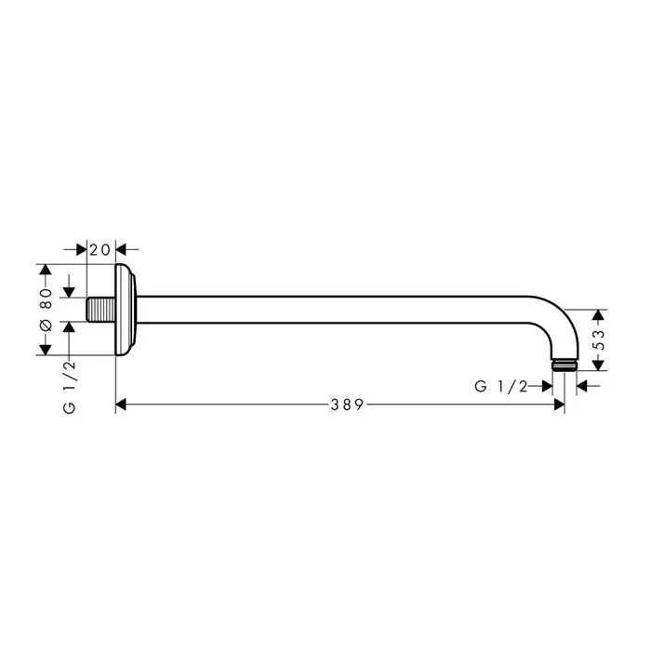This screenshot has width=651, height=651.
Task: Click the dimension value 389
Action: [x=347, y=405]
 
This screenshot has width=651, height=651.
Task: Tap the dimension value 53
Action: [x=598, y=339]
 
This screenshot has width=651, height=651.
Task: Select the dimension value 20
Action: [x=100, y=250]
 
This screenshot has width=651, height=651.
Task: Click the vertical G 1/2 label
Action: [x=70, y=387]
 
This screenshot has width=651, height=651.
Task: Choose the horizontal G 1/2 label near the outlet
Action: [x=500, y=387]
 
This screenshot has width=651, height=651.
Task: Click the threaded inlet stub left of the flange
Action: [x=100, y=310]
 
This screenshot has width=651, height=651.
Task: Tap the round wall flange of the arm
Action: [x=125, y=310]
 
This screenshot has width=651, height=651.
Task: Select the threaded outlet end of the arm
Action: [x=565, y=365]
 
